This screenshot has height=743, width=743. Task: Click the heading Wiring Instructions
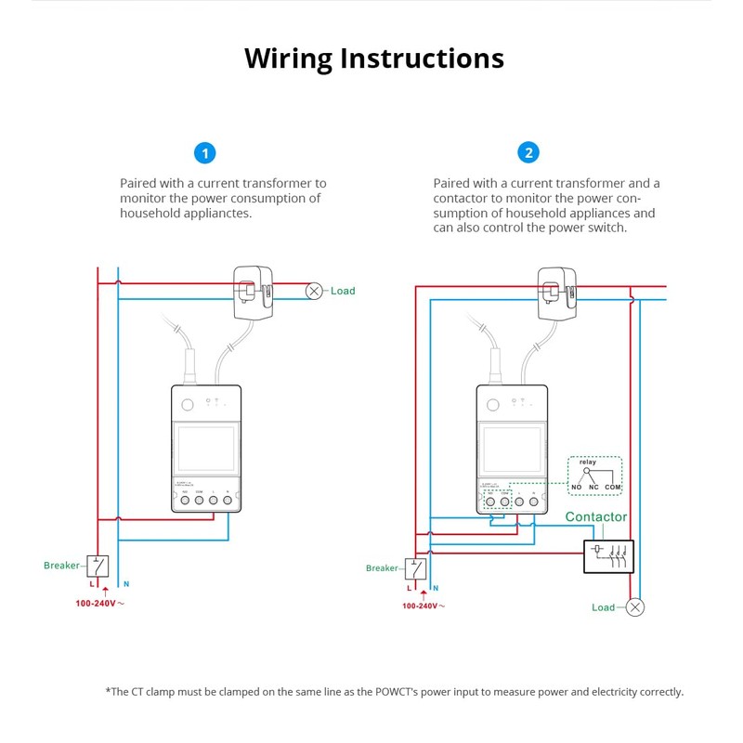373,58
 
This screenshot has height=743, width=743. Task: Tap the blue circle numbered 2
528,153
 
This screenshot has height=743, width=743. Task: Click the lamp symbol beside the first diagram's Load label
315,291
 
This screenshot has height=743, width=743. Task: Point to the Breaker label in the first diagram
62,565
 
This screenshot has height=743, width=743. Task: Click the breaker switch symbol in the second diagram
415,567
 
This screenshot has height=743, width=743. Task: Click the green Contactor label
596,516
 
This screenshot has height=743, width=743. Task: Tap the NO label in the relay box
577,488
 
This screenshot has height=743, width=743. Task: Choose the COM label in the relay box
613,488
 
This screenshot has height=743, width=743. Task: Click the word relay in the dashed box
587,462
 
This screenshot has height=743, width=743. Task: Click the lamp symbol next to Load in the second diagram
635,607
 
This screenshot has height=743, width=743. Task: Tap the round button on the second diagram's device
492,404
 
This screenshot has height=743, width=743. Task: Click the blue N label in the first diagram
126,584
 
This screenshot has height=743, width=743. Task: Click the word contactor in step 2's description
462,198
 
